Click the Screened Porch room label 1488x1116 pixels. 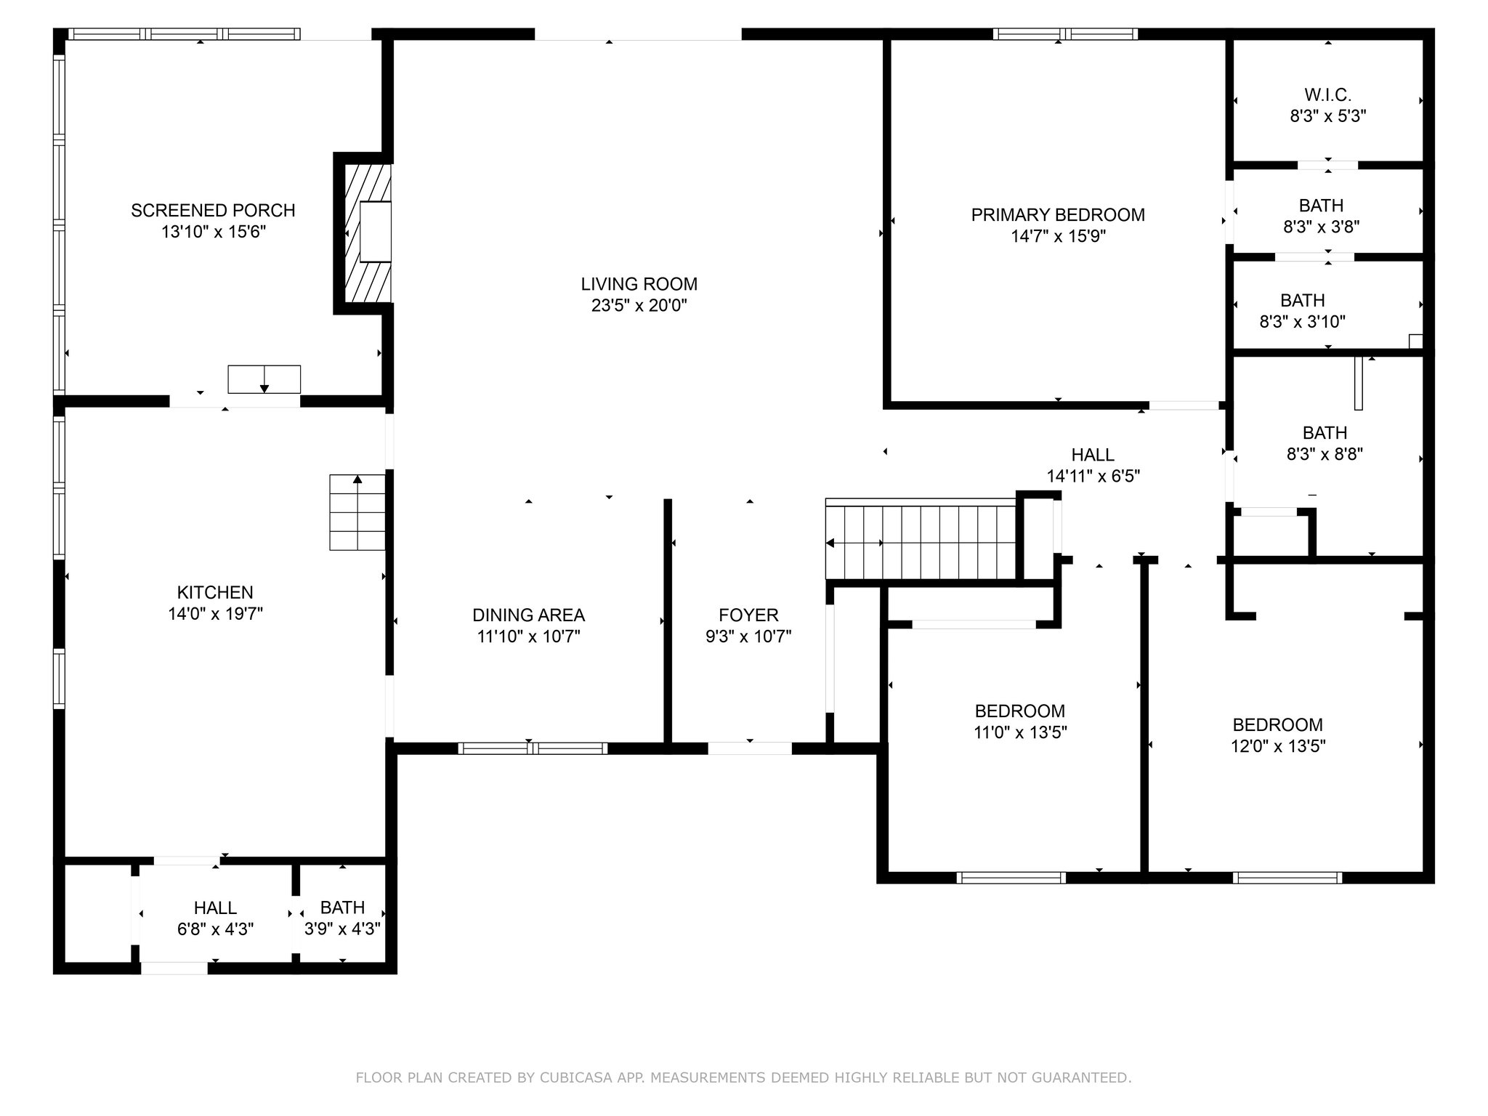(x=213, y=211)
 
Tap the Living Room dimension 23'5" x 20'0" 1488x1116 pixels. (x=639, y=306)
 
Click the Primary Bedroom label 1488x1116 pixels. (x=1058, y=215)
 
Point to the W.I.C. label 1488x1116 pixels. (x=1327, y=95)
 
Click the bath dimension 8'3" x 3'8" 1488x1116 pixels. (x=1321, y=227)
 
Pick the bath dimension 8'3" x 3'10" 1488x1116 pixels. (x=1302, y=322)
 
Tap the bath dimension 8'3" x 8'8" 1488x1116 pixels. (x=1325, y=455)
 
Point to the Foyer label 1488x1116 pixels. (x=748, y=615)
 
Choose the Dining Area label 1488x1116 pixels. (x=528, y=615)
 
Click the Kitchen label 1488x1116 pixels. (x=215, y=593)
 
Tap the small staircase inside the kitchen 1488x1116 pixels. (x=357, y=512)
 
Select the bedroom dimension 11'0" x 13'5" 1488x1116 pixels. (x=1020, y=732)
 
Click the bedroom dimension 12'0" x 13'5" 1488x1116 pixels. (x=1278, y=746)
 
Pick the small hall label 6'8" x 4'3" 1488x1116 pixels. (x=215, y=929)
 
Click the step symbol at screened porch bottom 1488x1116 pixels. (x=264, y=379)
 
